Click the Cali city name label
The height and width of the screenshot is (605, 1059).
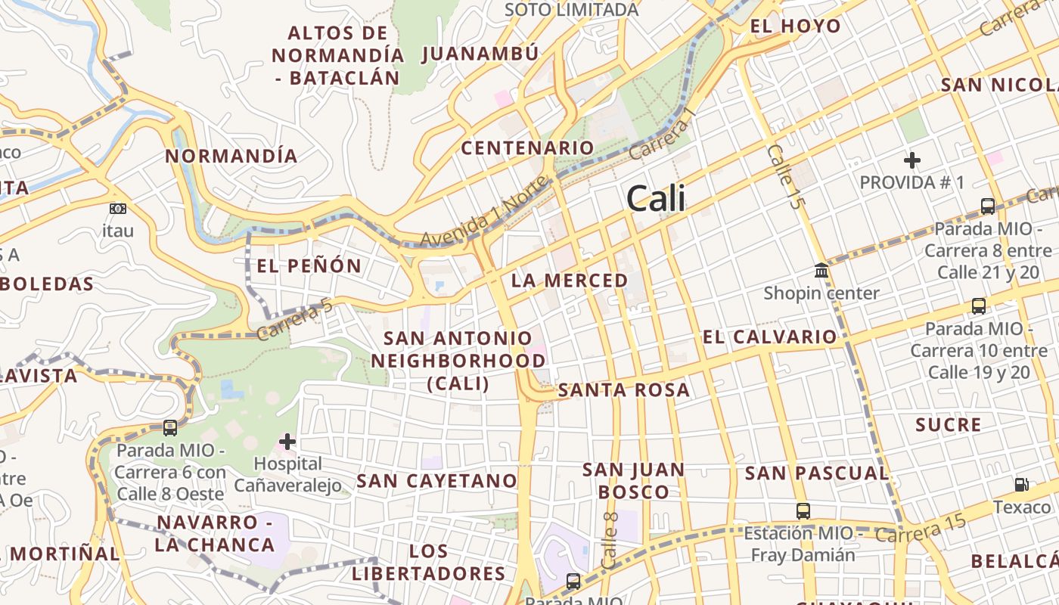tap(656, 199)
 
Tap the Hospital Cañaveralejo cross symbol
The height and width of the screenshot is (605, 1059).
tap(287, 441)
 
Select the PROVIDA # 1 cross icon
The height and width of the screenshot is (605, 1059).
tap(912, 160)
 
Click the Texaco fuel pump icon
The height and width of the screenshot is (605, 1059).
tap(1022, 485)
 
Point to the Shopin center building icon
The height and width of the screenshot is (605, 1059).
tap(821, 271)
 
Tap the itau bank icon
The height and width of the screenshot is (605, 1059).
tap(118, 208)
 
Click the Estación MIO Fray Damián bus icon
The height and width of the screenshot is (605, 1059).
tap(803, 511)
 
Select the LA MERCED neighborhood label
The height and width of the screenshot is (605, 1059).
tap(570, 281)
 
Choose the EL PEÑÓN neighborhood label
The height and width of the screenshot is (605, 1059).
tap(309, 266)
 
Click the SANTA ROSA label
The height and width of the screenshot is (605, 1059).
tap(624, 390)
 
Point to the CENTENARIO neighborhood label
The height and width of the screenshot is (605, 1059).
tap(527, 148)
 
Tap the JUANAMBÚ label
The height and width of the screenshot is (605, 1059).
tap(480, 54)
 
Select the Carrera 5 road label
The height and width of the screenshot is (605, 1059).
tap(295, 318)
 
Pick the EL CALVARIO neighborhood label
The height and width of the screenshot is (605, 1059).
tap(770, 337)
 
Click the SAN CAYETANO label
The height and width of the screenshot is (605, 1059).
tap(436, 481)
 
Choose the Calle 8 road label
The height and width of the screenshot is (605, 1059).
tap(610, 541)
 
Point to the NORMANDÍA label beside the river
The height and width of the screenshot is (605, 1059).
tap(231, 157)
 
